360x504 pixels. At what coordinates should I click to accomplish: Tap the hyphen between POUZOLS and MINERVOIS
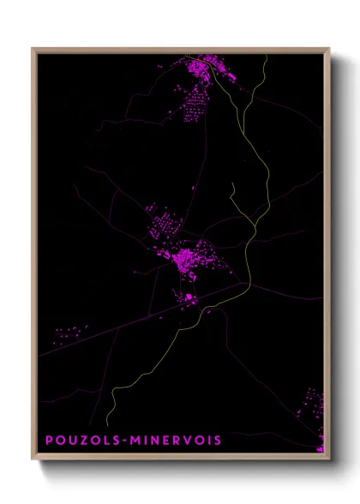(x=127, y=441)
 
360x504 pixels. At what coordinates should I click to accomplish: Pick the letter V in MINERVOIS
(x=189, y=441)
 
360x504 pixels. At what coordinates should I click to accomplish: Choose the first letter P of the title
(x=50, y=441)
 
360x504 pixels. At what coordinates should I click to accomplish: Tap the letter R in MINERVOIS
(x=178, y=441)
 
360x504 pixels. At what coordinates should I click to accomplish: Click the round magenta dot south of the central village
(x=189, y=297)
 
